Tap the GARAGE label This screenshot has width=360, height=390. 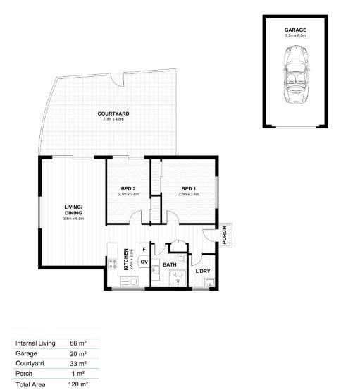(x=294, y=30)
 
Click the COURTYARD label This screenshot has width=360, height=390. (x=113, y=114)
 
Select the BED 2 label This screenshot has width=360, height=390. (x=128, y=188)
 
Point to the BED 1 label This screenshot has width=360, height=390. (x=187, y=188)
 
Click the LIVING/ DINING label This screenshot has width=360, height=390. (x=73, y=209)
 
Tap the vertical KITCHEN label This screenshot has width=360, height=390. (x=126, y=260)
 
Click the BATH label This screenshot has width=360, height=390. (x=169, y=266)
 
